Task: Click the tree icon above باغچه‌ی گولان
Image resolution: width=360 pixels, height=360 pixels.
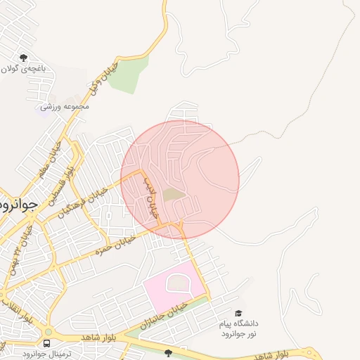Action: pyautogui.click(x=23, y=58)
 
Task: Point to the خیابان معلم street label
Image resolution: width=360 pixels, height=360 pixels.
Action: pyautogui.click(x=42, y=163)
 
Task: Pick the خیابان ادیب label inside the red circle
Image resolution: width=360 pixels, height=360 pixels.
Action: pyautogui.click(x=151, y=198)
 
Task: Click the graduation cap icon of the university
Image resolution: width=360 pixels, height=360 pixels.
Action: pyautogui.click(x=238, y=314)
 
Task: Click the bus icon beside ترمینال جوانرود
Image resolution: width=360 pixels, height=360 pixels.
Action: pyautogui.click(x=46, y=343)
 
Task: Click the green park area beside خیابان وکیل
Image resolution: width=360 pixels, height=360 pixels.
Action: pyautogui.click(x=129, y=74)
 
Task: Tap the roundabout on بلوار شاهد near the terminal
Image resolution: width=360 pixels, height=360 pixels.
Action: pyautogui.click(x=49, y=332)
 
